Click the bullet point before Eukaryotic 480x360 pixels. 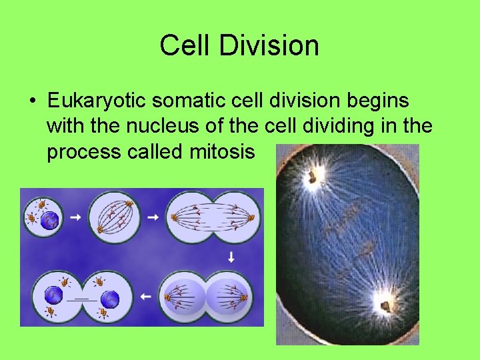click(32, 102)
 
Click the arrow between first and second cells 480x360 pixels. click(76, 217)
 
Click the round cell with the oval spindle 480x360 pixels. click(114, 217)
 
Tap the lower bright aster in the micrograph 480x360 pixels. click(385, 305)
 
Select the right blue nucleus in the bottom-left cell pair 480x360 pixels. click(111, 299)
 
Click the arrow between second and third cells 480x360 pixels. click(153, 217)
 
